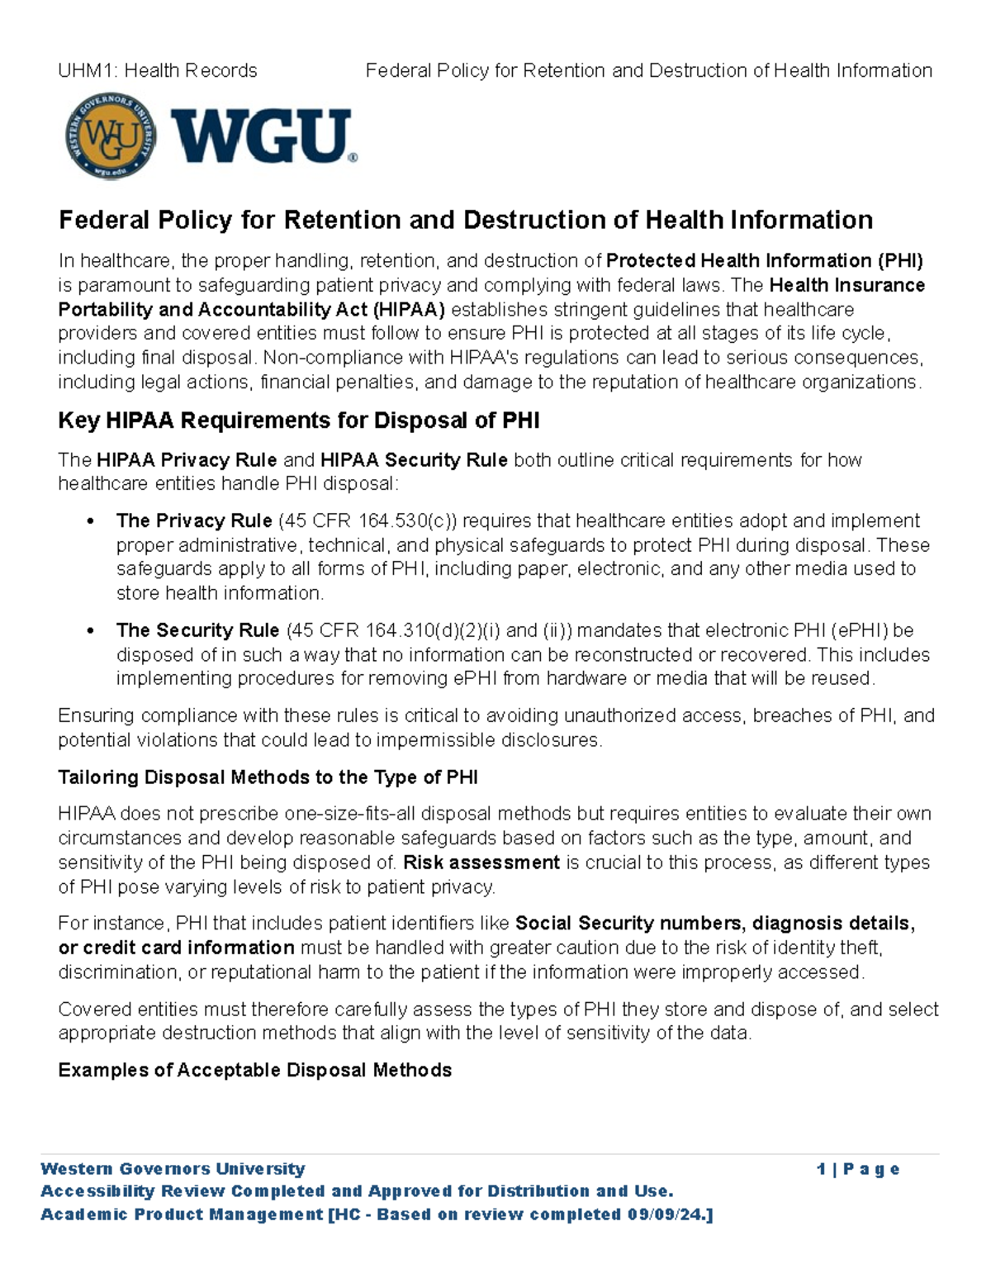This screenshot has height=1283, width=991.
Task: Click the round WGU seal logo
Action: pyautogui.click(x=111, y=136)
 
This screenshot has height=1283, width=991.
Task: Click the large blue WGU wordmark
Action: pyautogui.click(x=260, y=137)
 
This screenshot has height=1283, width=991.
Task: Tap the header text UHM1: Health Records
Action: pyautogui.click(x=158, y=71)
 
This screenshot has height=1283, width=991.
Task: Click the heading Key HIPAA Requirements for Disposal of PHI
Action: pyautogui.click(x=298, y=421)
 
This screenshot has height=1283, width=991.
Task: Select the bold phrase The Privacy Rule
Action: pyautogui.click(x=194, y=521)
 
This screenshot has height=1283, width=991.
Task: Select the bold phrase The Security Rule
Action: pyautogui.click(x=197, y=631)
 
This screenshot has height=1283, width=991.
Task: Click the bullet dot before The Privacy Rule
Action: pyautogui.click(x=90, y=522)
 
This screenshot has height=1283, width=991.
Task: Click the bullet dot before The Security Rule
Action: pyautogui.click(x=90, y=632)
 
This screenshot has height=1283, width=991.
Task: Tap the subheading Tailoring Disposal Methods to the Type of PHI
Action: pyautogui.click(x=268, y=777)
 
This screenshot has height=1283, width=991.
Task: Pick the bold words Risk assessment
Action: pyautogui.click(x=481, y=862)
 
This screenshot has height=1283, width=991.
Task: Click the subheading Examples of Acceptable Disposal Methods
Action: pyautogui.click(x=254, y=1071)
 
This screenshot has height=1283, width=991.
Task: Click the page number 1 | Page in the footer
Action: pyautogui.click(x=857, y=1169)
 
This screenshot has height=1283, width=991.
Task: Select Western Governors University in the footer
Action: pyautogui.click(x=173, y=1169)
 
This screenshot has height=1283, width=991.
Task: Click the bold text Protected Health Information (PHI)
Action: pyautogui.click(x=764, y=261)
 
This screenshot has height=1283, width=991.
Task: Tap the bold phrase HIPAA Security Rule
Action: pyautogui.click(x=414, y=460)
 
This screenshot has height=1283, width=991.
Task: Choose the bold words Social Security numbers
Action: pyautogui.click(x=628, y=923)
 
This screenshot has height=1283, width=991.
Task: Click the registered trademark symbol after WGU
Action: pyautogui.click(x=353, y=158)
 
